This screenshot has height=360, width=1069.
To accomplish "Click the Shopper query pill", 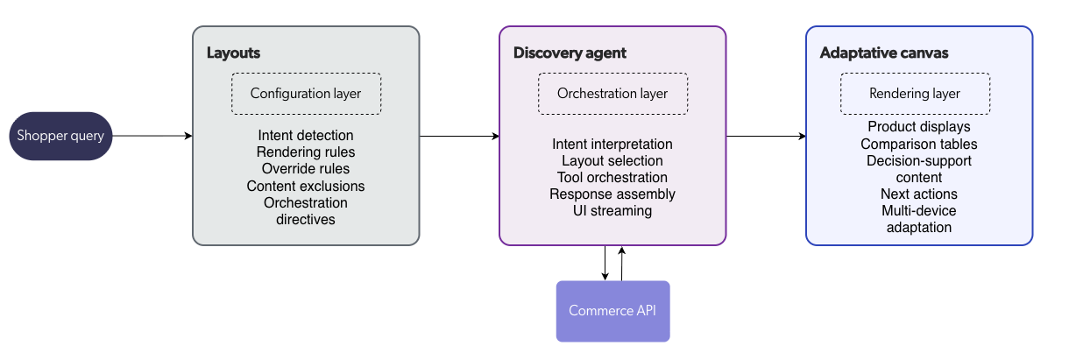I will tap(60, 136).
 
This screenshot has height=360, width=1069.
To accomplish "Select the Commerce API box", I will tap(612, 311).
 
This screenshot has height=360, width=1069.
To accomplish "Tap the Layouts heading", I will tap(233, 53).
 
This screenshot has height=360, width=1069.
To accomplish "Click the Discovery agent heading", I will tap(570, 53).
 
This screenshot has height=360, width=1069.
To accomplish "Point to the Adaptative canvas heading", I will tap(884, 53).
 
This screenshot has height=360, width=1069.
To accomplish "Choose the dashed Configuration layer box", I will tap(306, 93).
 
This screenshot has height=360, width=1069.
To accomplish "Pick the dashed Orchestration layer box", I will tap(612, 93).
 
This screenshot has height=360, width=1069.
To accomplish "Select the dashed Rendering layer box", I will tap(915, 93).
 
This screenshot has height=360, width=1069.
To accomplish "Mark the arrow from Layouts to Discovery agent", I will tap(459, 136).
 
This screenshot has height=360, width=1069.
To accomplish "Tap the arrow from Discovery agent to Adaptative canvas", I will tap(766, 136).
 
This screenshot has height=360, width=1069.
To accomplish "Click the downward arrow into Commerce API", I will tap(605, 263).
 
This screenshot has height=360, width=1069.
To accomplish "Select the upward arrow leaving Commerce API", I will tap(622, 263).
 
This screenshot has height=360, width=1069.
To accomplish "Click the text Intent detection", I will tap(306, 136).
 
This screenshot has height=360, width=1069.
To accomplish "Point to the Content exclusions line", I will tap(306, 186).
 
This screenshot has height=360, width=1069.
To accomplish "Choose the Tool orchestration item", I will tap(612, 178).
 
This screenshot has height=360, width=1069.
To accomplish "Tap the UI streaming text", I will tap(612, 211).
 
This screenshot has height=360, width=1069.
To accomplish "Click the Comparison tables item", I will tap(919, 145).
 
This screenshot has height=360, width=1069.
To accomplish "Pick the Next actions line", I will tap(919, 194).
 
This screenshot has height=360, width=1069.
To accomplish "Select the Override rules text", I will tap(306, 169).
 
